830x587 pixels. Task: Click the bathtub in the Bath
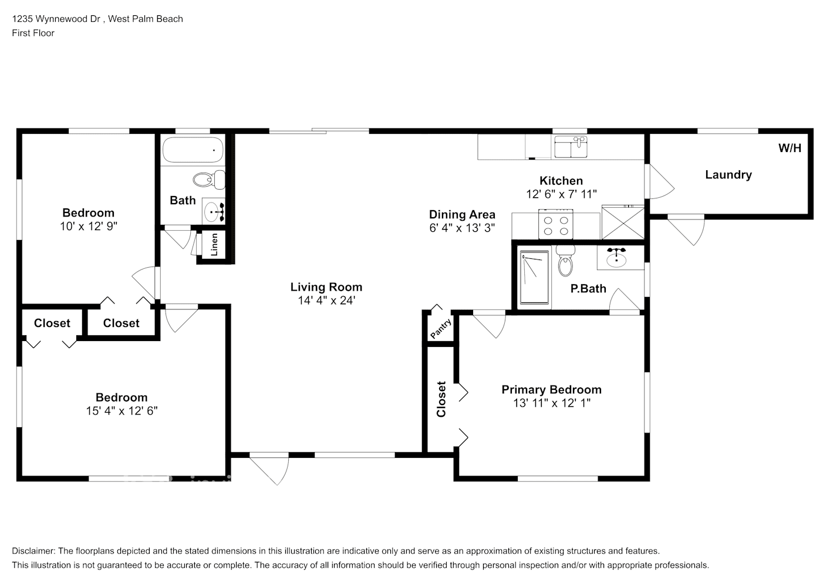[x=193, y=150]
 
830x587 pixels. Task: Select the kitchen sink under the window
[x=571, y=147]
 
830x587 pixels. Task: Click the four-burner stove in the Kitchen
[x=556, y=225]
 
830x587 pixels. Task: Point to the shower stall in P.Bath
[x=534, y=277]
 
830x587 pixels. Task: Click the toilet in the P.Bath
[x=565, y=262]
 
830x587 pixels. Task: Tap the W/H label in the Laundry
[x=789, y=149]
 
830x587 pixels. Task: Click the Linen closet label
[x=214, y=245]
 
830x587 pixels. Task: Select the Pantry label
[x=441, y=329]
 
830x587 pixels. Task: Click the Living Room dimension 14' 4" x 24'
[x=326, y=301]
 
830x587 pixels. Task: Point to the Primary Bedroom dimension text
[x=551, y=403]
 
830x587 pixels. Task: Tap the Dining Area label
[x=462, y=215]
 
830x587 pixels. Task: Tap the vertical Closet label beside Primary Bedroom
[x=441, y=399]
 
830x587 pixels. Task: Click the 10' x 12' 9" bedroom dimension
[x=89, y=226]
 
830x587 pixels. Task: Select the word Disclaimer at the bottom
[x=33, y=551]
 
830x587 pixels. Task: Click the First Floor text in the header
[x=33, y=33]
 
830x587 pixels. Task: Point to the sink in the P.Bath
[x=616, y=258]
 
